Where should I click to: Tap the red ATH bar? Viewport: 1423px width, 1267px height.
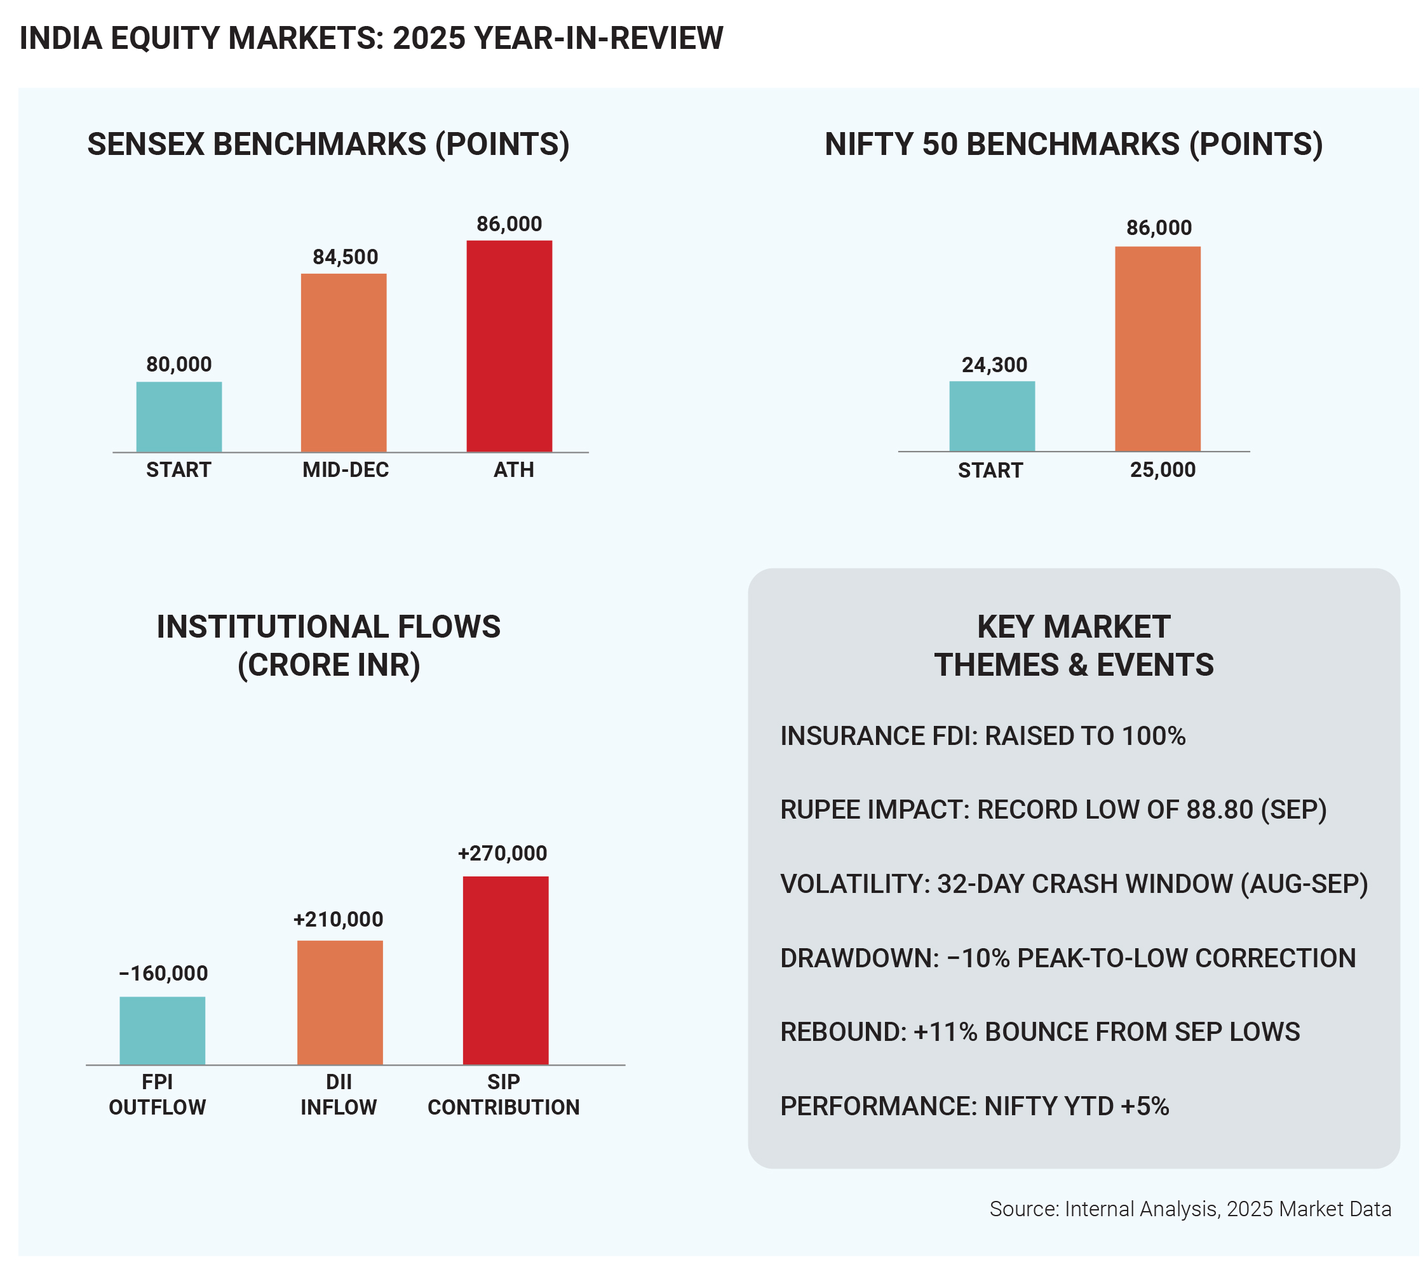pyautogui.click(x=509, y=346)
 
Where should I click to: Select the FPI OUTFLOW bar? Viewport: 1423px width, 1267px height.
pyautogui.click(x=162, y=1030)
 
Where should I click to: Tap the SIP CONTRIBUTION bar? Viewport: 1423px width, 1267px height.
pyautogui.click(x=506, y=970)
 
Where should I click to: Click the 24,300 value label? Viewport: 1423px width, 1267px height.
pyautogui.click(x=994, y=365)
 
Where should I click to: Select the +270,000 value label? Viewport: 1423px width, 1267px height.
pyautogui.click(x=502, y=854)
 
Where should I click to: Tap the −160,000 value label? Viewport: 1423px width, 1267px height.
pyautogui.click(x=164, y=973)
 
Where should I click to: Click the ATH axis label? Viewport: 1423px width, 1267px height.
pyautogui.click(x=514, y=470)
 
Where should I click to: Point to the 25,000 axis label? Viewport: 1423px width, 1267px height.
pyautogui.click(x=1163, y=470)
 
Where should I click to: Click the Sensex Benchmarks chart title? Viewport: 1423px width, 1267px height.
pyautogui.click(x=328, y=144)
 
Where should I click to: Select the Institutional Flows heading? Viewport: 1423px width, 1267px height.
pyautogui.click(x=328, y=645)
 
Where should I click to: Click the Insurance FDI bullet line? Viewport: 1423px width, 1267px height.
pyautogui.click(x=982, y=736)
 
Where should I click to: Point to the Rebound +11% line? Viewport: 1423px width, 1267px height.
pyautogui.click(x=1039, y=1031)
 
